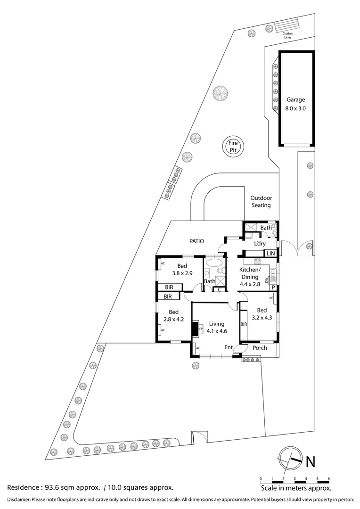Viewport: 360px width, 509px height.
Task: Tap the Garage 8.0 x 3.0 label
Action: click(x=296, y=104)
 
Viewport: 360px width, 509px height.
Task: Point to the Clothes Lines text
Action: click(x=287, y=35)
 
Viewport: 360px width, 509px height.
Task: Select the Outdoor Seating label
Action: click(x=261, y=202)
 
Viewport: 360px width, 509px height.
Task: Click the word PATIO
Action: click(x=196, y=241)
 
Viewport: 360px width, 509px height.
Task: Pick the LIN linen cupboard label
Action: click(x=270, y=254)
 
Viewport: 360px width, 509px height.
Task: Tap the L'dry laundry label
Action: click(x=260, y=244)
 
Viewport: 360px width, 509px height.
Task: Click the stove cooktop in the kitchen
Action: click(x=258, y=261)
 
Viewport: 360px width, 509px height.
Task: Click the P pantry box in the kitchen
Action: click(x=272, y=287)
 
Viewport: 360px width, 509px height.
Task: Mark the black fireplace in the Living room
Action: click(x=196, y=328)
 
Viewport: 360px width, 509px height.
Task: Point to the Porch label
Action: click(x=260, y=348)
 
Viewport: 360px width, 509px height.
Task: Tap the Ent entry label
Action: click(x=229, y=348)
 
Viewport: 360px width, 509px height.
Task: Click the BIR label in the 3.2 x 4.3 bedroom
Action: click(x=244, y=324)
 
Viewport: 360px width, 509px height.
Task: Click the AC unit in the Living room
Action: click(x=197, y=348)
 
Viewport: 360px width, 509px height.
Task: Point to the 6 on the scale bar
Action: click(x=328, y=479)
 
